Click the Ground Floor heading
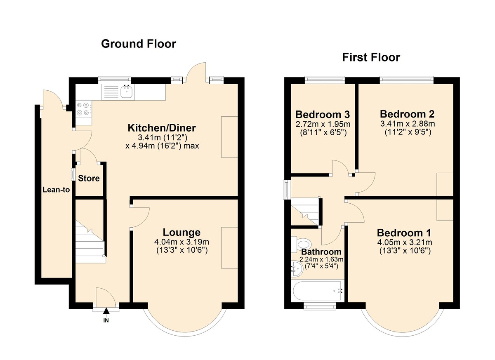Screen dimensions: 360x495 tap(139, 43)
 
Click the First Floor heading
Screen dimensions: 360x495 tap(371, 57)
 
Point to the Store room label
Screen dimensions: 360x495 tap(89, 179)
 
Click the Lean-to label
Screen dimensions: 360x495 tap(56, 190)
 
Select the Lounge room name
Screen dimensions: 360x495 tap(181, 233)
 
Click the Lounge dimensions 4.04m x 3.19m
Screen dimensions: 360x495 tap(181, 242)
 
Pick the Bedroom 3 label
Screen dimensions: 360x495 tap(323, 114)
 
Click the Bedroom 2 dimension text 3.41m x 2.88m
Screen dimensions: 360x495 tap(407, 123)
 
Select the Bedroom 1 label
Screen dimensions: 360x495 tap(403, 233)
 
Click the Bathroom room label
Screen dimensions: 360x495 tap(321, 252)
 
